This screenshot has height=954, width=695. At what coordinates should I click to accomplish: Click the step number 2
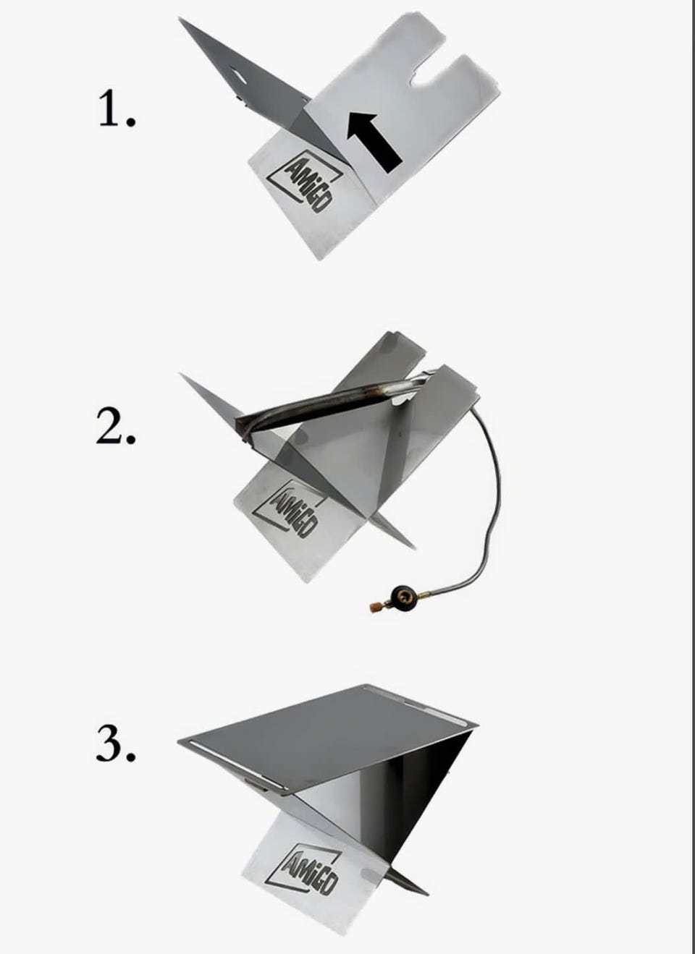(x=109, y=425)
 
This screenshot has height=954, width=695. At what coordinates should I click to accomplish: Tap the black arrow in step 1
(x=374, y=142)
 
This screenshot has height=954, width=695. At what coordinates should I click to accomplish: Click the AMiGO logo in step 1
(x=305, y=182)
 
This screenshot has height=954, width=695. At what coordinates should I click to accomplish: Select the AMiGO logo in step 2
(x=286, y=508)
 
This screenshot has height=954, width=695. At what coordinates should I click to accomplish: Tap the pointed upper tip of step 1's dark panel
(x=180, y=18)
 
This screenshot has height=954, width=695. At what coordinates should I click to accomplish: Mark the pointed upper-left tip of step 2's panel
(x=180, y=374)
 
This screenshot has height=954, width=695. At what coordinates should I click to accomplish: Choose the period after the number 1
(x=131, y=122)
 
